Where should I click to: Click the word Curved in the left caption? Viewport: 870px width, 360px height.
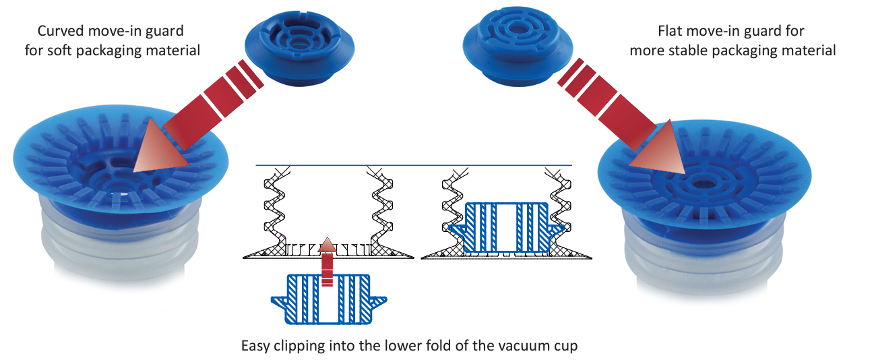point(61,31)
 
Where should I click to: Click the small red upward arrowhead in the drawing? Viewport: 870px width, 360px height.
point(328,244)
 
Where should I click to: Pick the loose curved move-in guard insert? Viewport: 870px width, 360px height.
point(299,47)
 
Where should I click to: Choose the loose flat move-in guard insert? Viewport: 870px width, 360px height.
point(518,46)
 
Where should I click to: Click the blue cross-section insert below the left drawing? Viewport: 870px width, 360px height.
point(329,299)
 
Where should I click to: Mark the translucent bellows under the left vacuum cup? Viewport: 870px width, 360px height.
point(121,239)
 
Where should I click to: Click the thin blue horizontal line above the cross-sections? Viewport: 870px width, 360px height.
point(414,165)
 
